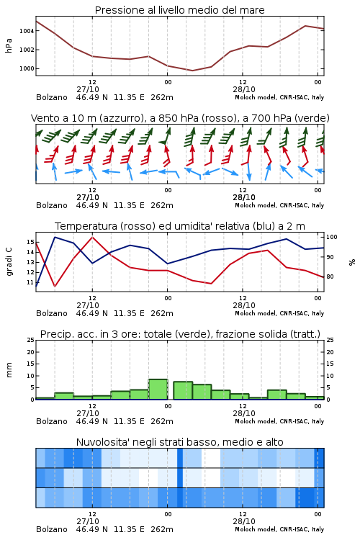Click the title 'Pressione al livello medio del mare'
179,10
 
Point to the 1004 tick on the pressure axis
27,31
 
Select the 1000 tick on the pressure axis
27,68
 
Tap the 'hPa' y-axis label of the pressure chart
9,45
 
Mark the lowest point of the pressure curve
192,71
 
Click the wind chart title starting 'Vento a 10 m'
180,118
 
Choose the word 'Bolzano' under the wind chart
52,205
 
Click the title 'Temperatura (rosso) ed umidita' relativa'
180,226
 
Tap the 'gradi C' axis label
9,261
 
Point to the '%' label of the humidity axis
352,262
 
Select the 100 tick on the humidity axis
332,237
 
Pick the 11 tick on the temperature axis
31,282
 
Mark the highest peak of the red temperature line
92,237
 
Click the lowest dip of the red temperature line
55,286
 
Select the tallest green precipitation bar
158,390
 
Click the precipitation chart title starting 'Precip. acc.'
180,334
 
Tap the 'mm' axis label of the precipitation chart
9,370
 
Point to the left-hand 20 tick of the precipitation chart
31,352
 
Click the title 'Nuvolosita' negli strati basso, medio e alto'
179,442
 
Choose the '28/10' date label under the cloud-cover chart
244,521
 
